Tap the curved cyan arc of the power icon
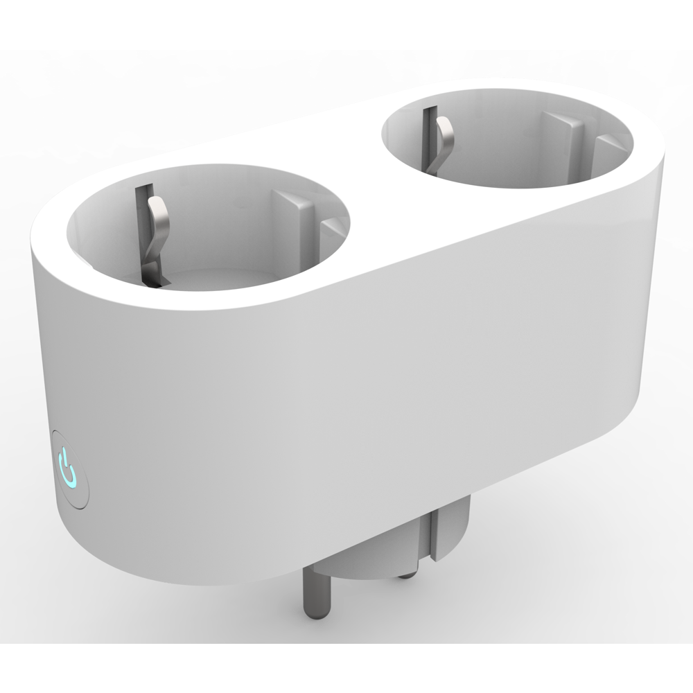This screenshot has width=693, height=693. pos(70,477)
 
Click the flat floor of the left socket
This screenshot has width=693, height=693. pos(208,277)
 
